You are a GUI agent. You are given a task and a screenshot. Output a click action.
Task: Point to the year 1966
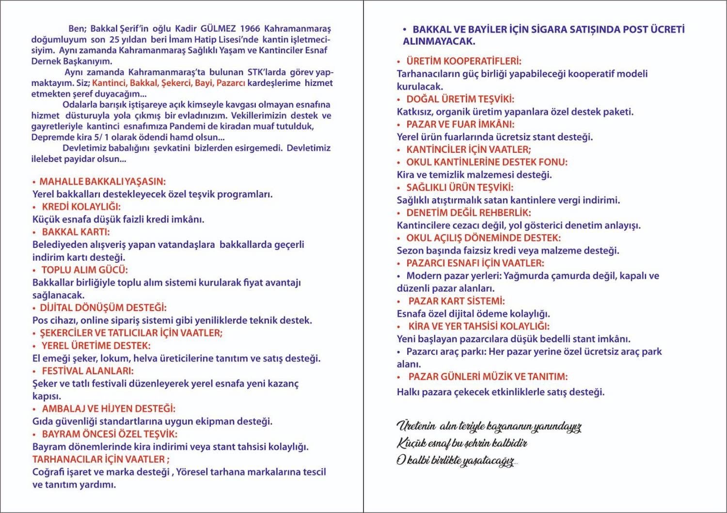tap(250, 29)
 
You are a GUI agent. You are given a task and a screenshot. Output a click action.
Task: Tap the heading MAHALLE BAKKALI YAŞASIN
tap(102, 182)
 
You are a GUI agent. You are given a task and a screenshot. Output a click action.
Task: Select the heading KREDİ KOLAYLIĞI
tap(81, 207)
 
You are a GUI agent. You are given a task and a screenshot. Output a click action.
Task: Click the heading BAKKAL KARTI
tap(76, 232)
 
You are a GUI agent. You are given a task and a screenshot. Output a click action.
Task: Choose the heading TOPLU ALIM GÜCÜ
tap(84, 270)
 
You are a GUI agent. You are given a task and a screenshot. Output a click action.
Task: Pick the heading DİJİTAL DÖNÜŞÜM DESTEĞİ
tap(103, 308)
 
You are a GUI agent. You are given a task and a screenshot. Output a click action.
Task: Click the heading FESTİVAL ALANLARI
tap(87, 371)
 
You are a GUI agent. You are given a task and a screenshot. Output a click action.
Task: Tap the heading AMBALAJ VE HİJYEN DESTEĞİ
tap(109, 409)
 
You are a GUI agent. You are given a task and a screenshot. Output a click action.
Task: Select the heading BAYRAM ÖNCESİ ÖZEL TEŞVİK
tap(110, 434)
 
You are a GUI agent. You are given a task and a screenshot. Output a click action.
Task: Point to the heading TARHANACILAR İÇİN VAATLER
tap(100, 459)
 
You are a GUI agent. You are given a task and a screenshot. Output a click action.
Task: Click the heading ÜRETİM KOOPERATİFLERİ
tap(464, 62)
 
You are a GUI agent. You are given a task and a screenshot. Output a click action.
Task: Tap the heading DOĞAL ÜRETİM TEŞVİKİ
tap(460, 99)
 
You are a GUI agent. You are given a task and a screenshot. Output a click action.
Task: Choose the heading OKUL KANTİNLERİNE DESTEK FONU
tap(487, 162)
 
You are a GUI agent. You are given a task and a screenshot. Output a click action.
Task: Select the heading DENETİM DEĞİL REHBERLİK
tap(469, 213)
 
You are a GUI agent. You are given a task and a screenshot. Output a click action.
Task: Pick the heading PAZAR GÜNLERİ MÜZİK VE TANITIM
tap(488, 377)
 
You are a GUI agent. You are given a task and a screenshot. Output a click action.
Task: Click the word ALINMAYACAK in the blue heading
tap(439, 42)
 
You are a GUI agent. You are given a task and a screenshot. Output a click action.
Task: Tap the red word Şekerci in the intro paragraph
tap(177, 83)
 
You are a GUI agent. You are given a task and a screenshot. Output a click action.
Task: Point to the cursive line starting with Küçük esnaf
tap(462, 443)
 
